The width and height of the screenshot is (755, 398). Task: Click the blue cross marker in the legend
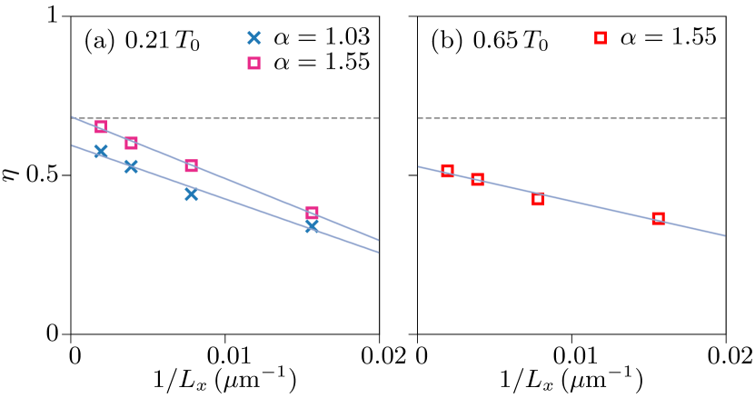tap(253, 38)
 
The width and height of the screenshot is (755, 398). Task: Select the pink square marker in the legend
tap(253, 63)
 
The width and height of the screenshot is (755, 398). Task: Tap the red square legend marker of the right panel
tap(600, 37)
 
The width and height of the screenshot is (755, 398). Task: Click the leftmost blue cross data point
tap(101, 151)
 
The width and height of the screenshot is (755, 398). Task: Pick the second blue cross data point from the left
tap(131, 166)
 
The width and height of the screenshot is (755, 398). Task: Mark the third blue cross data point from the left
tap(191, 194)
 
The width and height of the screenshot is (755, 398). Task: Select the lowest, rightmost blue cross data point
tap(312, 225)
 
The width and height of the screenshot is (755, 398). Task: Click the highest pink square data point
tap(101, 126)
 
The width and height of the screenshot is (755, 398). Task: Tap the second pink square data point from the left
tap(131, 143)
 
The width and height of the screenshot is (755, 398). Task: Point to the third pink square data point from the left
tap(191, 165)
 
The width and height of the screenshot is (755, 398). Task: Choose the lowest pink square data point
tap(312, 213)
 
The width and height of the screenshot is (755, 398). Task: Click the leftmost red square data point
tap(447, 170)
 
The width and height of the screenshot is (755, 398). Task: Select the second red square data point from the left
tap(477, 179)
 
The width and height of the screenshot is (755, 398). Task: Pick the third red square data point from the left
tap(538, 199)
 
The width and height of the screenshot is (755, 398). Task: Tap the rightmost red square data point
tap(658, 218)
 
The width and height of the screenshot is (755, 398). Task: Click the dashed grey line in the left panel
tap(227, 118)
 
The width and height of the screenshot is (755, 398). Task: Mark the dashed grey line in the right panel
tap(572, 118)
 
